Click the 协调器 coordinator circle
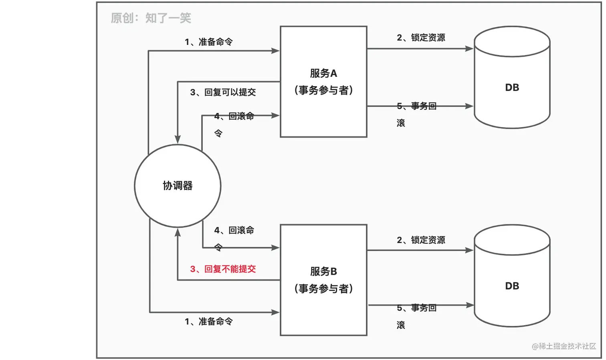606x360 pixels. (x=178, y=186)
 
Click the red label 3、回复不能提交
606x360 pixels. (x=223, y=269)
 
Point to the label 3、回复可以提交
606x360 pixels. (x=223, y=92)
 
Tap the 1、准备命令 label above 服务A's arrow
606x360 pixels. (x=208, y=42)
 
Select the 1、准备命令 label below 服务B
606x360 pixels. (x=208, y=322)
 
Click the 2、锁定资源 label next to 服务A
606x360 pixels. (x=421, y=38)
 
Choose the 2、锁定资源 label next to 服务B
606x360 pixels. (x=421, y=240)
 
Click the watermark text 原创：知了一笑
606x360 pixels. (x=151, y=18)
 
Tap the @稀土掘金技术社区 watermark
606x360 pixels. (x=564, y=346)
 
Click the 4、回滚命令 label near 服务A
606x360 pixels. (x=234, y=117)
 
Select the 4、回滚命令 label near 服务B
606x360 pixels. (x=234, y=231)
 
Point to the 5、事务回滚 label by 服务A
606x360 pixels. (x=416, y=106)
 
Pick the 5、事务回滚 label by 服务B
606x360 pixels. (x=416, y=308)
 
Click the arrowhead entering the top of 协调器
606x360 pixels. (x=178, y=140)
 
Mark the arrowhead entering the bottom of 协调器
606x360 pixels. (x=178, y=232)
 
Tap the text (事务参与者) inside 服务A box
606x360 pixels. (x=323, y=90)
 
